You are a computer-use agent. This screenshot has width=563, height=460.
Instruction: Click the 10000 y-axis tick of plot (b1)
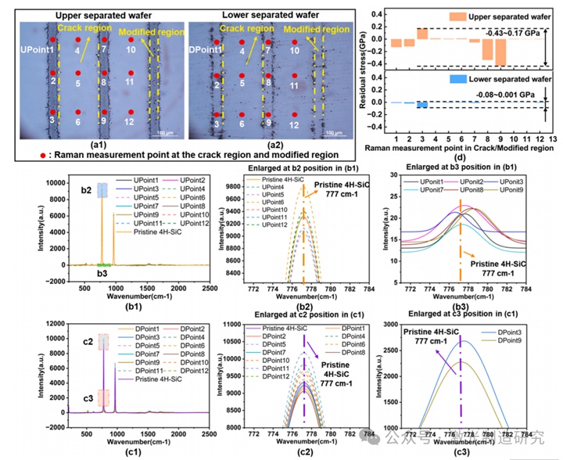click(x=45, y=181)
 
